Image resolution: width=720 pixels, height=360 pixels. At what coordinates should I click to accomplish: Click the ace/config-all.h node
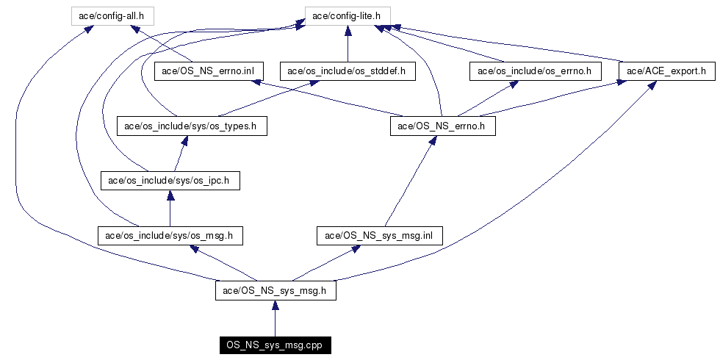[118, 14]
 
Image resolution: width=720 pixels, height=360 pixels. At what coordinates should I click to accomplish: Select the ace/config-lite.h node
[347, 14]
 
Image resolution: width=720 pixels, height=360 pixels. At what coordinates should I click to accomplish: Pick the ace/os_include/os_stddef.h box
[348, 71]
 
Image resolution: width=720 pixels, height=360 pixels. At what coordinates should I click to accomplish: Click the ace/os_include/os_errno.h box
[535, 71]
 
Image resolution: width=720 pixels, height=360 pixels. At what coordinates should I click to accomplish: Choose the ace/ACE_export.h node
[667, 71]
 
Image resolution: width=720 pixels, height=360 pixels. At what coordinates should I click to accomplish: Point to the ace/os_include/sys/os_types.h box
[190, 126]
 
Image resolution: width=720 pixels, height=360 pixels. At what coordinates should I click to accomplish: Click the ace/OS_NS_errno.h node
[442, 126]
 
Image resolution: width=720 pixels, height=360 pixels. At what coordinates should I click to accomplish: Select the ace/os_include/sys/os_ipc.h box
[170, 180]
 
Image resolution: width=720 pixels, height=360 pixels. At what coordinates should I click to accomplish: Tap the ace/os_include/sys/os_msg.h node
[170, 235]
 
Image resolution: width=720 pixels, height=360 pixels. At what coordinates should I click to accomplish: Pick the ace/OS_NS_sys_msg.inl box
[379, 235]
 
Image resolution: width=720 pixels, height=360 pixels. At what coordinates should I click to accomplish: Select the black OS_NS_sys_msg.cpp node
[275, 345]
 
